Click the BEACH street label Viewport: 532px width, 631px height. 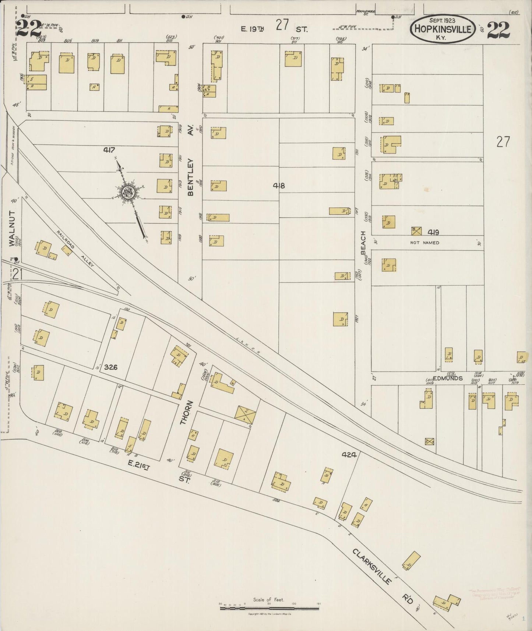(x=363, y=243)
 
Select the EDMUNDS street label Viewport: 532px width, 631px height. (x=447, y=378)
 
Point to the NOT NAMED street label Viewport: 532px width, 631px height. (x=424, y=243)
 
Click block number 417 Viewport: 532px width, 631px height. (x=109, y=150)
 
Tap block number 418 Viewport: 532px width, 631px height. (x=279, y=186)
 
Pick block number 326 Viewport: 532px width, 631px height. (x=110, y=367)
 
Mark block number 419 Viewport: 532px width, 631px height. (x=433, y=232)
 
